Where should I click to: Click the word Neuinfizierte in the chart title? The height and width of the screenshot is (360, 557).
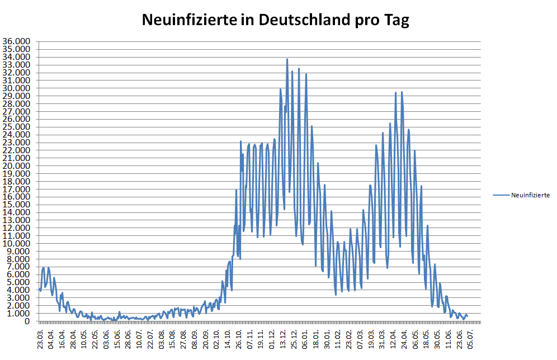(x=189, y=21)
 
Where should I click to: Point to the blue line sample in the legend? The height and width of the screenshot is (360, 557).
(x=501, y=195)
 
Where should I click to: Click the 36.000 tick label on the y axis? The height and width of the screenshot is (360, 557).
(x=17, y=41)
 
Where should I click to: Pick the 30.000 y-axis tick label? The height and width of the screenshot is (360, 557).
(x=17, y=88)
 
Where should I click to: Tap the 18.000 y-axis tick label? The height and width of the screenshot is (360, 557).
(x=17, y=181)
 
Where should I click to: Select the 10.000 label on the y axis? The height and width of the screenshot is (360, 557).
(x=17, y=243)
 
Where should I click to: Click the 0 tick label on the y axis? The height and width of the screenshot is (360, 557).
(x=29, y=321)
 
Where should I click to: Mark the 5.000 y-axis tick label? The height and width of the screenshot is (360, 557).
(x=19, y=282)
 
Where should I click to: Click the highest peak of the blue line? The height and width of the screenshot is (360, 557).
(x=287, y=59)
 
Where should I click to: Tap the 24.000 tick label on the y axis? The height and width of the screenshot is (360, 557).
(x=17, y=135)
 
